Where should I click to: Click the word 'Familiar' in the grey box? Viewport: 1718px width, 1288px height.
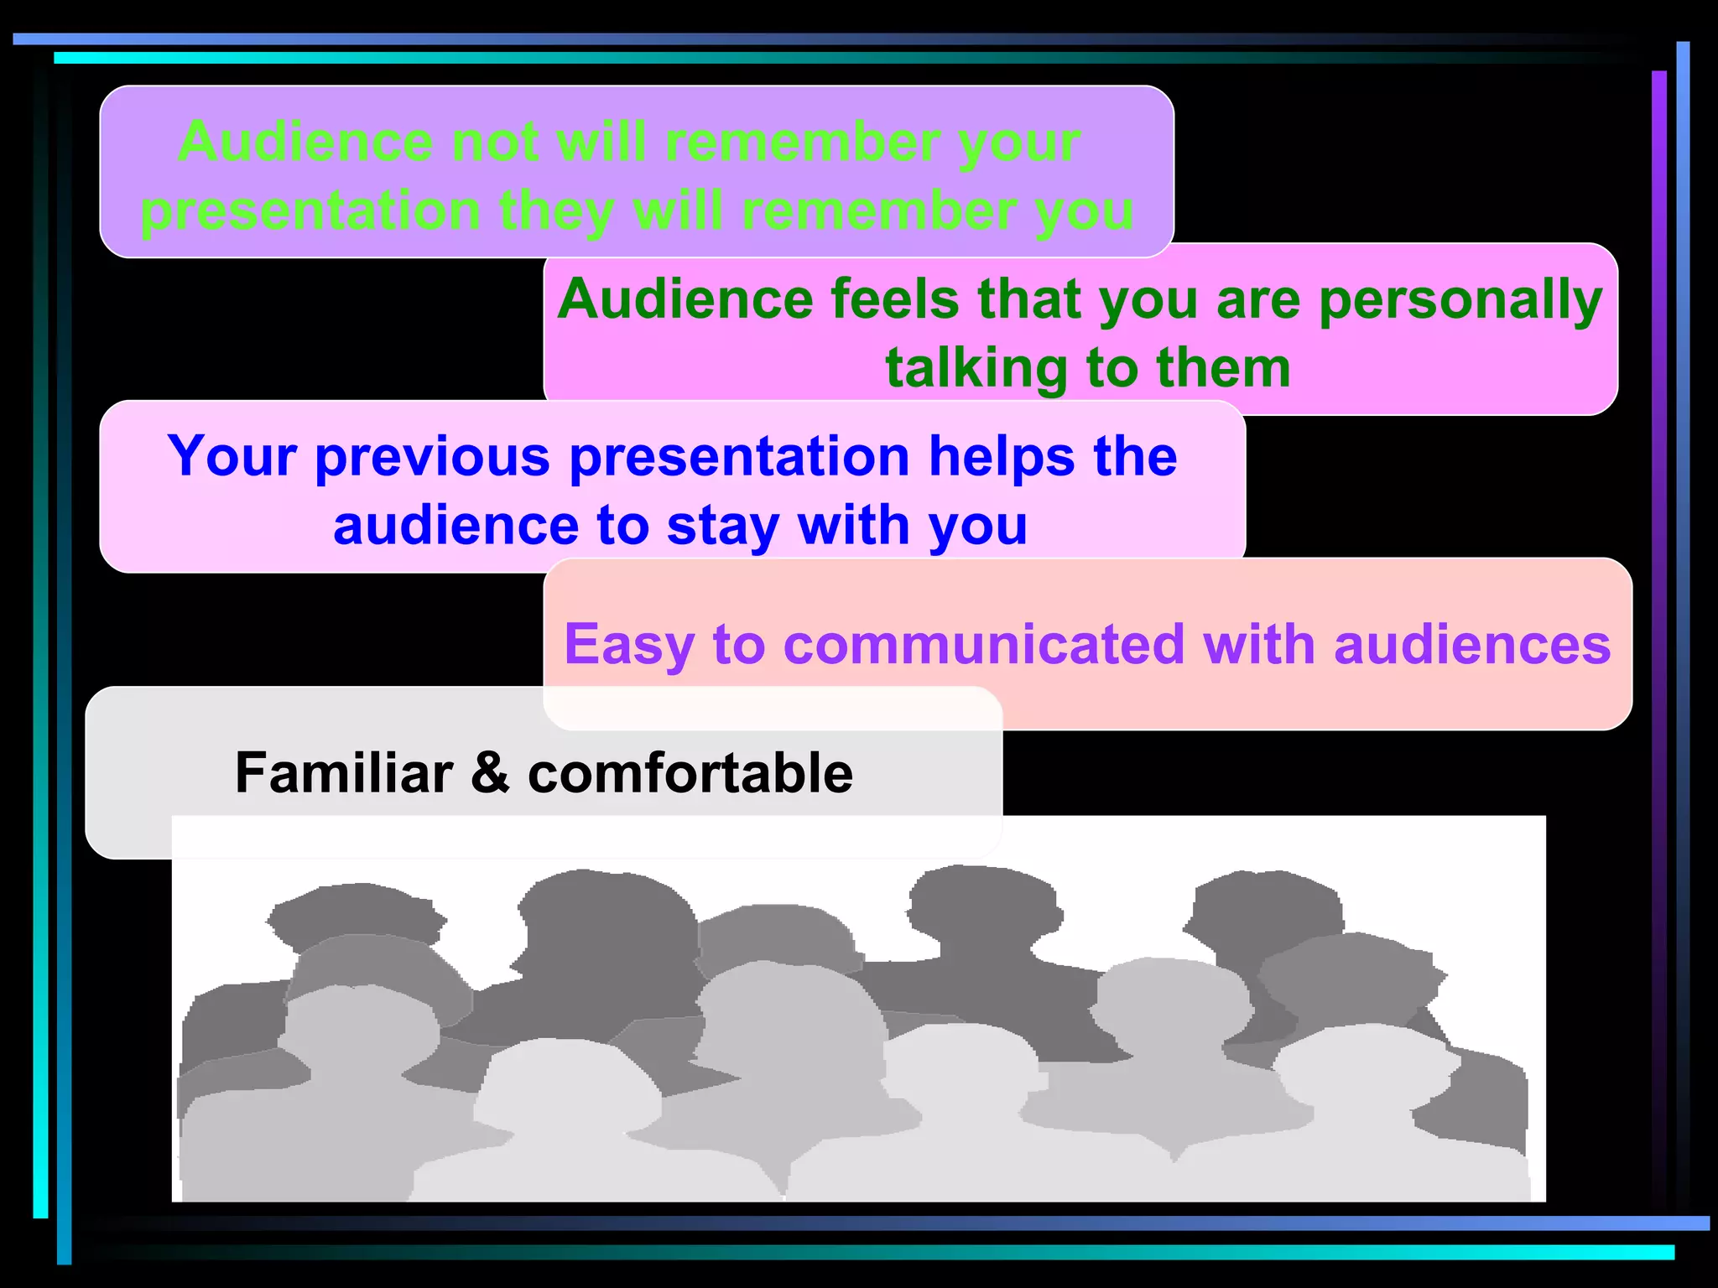(343, 772)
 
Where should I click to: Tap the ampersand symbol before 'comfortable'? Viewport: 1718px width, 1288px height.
(490, 772)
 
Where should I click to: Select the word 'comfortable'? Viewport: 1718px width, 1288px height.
(690, 772)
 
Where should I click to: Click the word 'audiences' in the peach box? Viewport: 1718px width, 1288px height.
(1471, 644)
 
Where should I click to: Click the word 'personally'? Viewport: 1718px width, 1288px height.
(1460, 299)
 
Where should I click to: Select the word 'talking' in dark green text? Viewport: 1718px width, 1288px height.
(976, 368)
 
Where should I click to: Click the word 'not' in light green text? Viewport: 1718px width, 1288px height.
(494, 142)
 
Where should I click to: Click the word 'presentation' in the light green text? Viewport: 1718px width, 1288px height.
(310, 211)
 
